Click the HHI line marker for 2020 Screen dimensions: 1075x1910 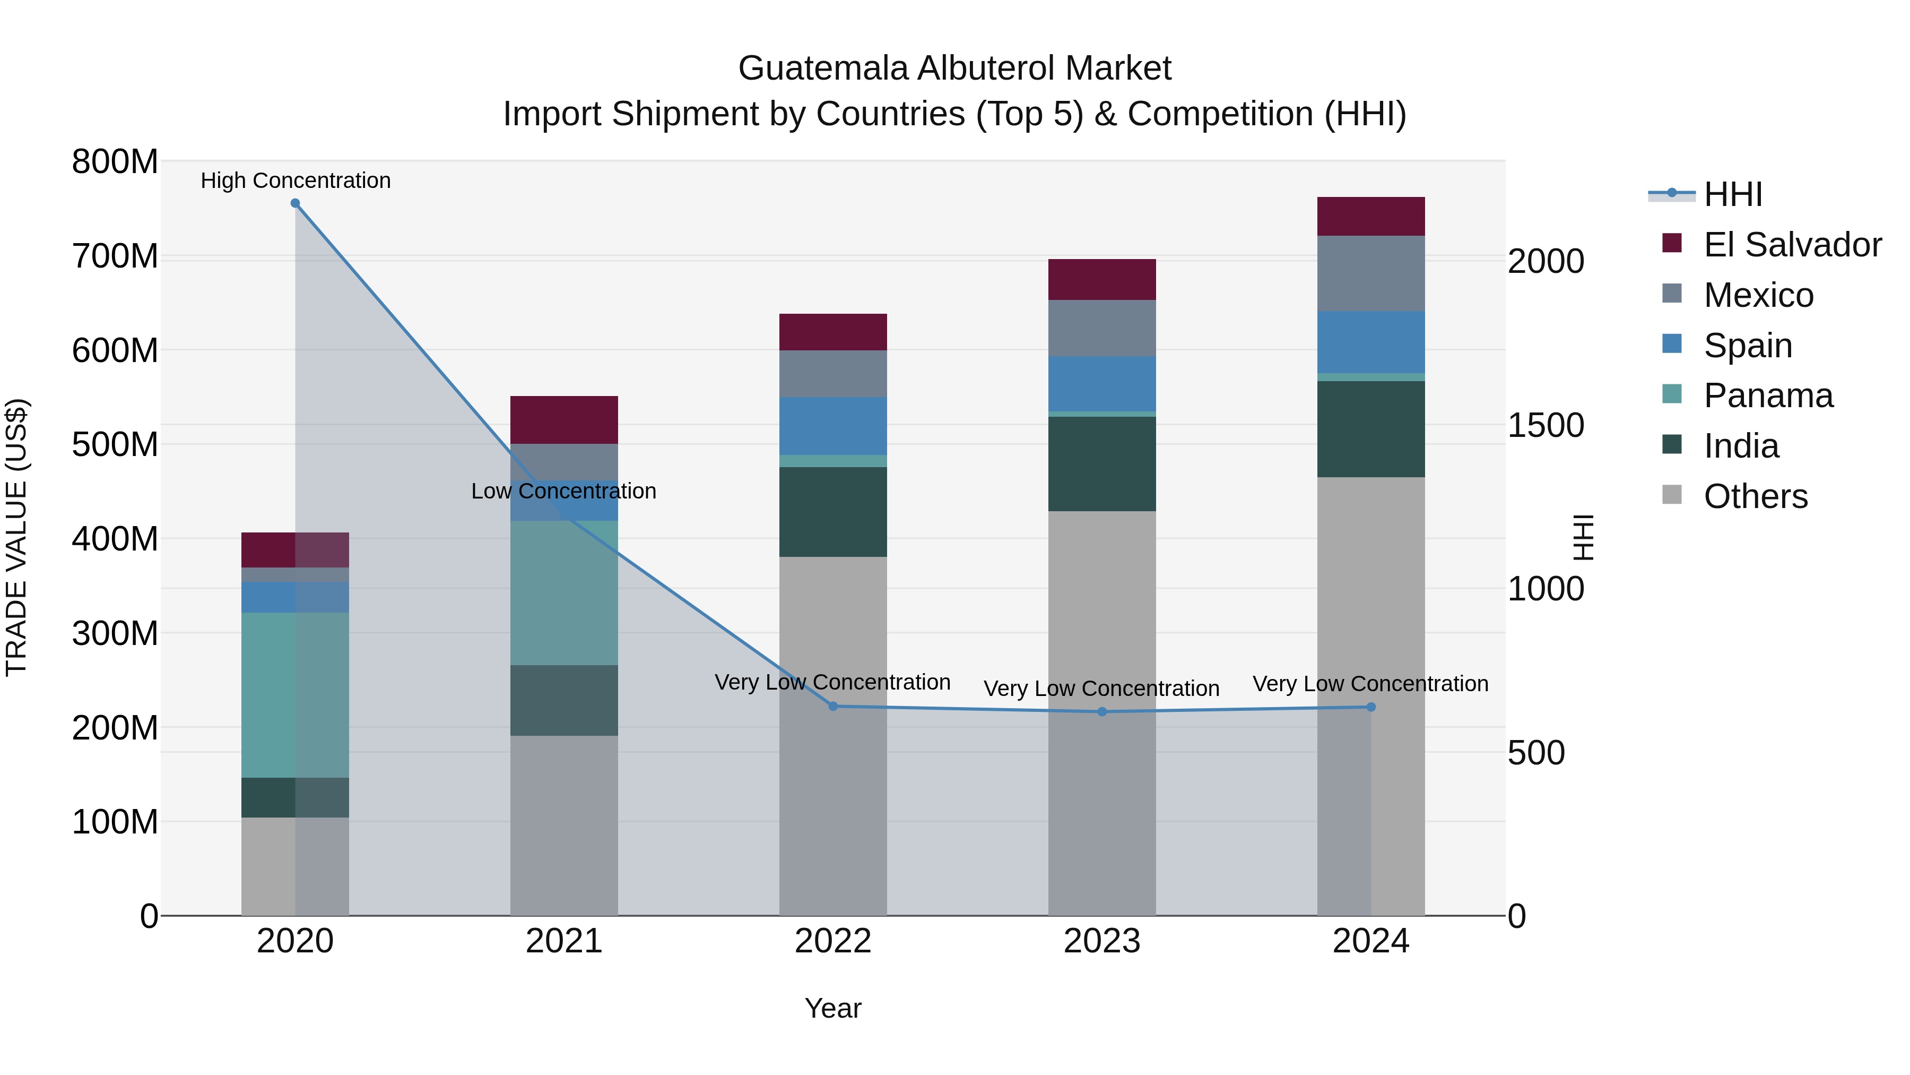[x=295, y=203]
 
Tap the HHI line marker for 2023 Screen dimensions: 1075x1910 [x=1102, y=711]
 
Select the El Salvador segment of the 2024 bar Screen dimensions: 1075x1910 [x=1371, y=217]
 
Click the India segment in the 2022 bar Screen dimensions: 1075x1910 [x=832, y=512]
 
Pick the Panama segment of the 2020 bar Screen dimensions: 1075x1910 [x=295, y=694]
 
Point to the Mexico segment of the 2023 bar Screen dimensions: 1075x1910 [x=1102, y=328]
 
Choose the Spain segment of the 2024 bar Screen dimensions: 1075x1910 [x=1371, y=342]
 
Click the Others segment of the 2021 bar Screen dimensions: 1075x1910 [x=565, y=825]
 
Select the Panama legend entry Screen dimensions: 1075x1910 [x=1768, y=395]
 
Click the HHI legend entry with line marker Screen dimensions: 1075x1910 [x=1732, y=194]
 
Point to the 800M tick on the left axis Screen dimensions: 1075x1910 [x=115, y=162]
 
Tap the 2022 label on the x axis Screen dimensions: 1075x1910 [x=832, y=941]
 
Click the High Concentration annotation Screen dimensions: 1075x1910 [x=295, y=180]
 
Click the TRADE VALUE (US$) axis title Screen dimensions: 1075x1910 [x=16, y=537]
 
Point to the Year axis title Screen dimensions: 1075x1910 [x=832, y=1008]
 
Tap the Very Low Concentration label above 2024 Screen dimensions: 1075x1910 [x=1370, y=683]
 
